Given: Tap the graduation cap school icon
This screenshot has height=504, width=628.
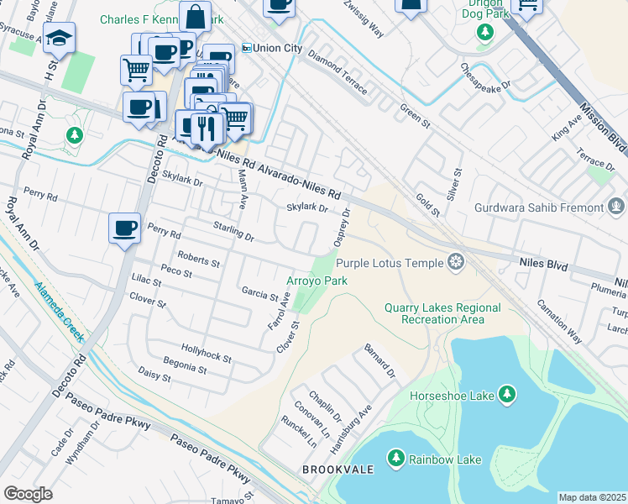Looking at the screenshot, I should [x=59, y=38].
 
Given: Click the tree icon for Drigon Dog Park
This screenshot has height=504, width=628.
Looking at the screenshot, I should [x=484, y=32].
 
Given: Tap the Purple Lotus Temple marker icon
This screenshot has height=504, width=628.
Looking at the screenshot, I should [x=456, y=263].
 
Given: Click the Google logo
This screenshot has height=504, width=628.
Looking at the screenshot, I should [x=28, y=493].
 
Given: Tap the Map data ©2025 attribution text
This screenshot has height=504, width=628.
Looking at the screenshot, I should [x=592, y=497].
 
